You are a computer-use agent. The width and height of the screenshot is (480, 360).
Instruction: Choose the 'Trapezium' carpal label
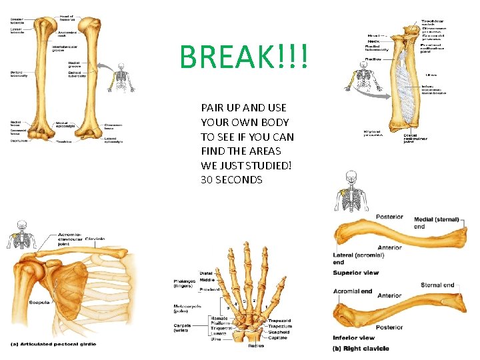coord(280,327)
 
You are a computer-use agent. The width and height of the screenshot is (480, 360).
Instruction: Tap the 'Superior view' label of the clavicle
coord(356,273)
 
